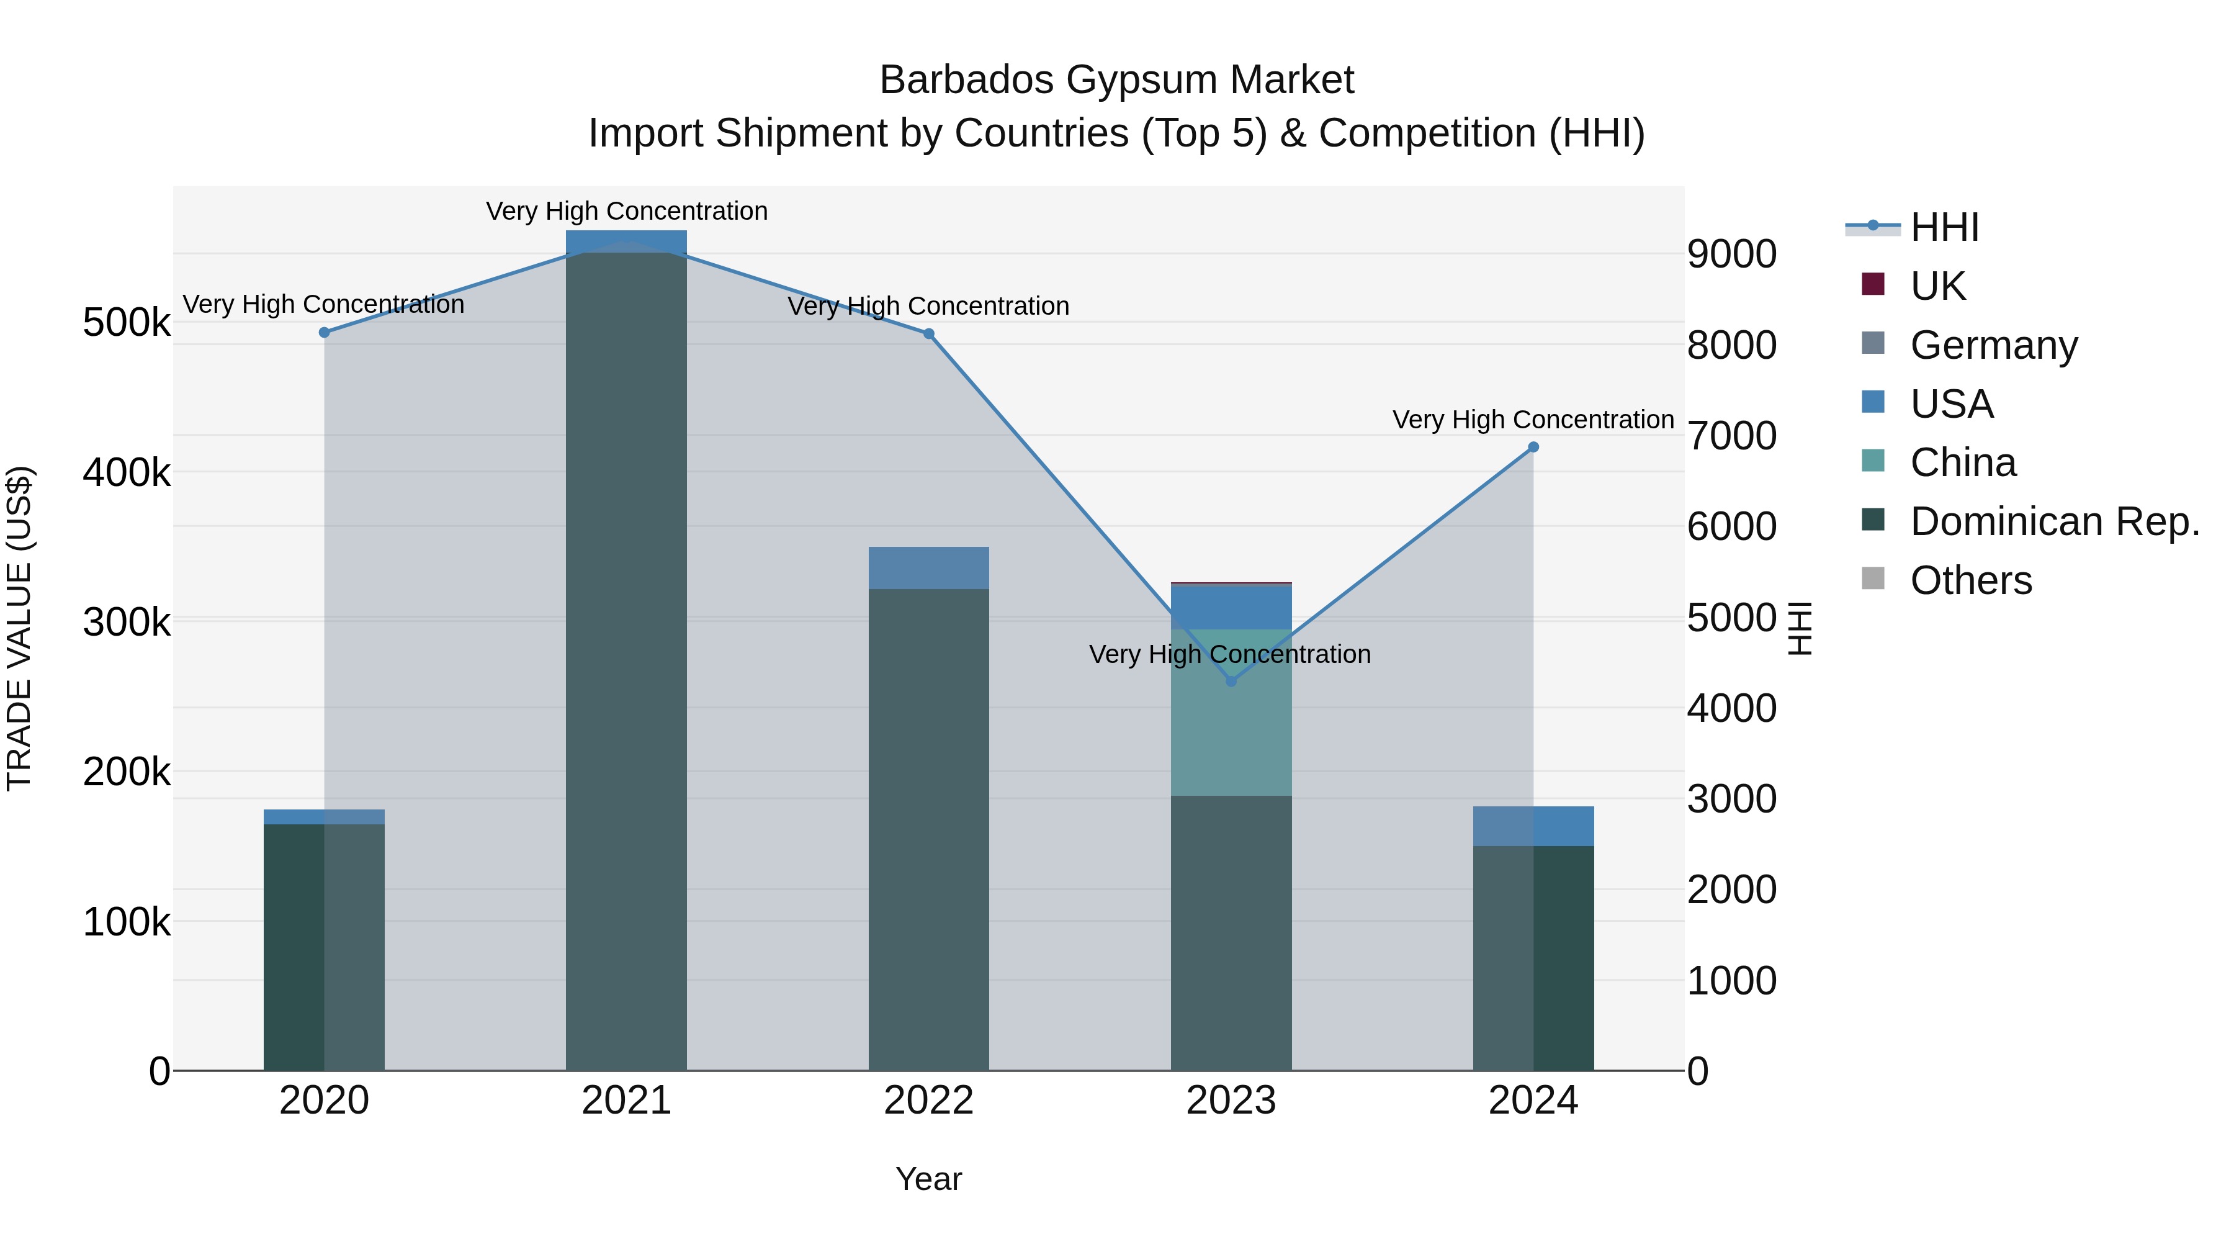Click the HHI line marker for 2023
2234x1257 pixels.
[1231, 681]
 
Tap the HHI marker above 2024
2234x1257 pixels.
[1533, 448]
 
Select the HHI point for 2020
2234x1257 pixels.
[325, 332]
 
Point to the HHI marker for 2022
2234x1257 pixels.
[929, 334]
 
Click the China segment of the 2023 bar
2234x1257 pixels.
[1231, 711]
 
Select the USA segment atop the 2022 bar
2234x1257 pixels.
[929, 568]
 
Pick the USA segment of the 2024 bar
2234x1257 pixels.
[1533, 826]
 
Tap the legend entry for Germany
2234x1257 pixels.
[1993, 345]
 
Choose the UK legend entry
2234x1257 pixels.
[1937, 286]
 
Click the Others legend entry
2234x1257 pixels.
[1970, 580]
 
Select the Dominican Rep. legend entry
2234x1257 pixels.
[2053, 521]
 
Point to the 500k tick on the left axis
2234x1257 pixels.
[127, 323]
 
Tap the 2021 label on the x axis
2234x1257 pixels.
[626, 1101]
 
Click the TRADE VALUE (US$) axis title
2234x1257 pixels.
[19, 628]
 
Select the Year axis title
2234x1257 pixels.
[929, 1179]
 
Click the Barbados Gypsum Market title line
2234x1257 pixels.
[1116, 80]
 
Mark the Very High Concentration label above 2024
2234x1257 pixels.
[1533, 420]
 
